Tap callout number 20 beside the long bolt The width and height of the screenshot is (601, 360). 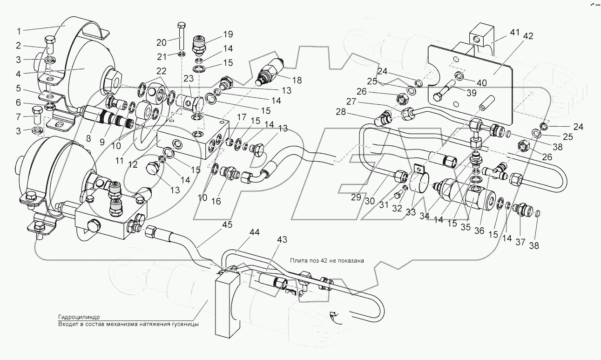point(162,42)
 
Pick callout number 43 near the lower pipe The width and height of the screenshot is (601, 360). point(282,239)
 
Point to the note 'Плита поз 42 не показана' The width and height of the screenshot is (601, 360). point(326,260)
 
